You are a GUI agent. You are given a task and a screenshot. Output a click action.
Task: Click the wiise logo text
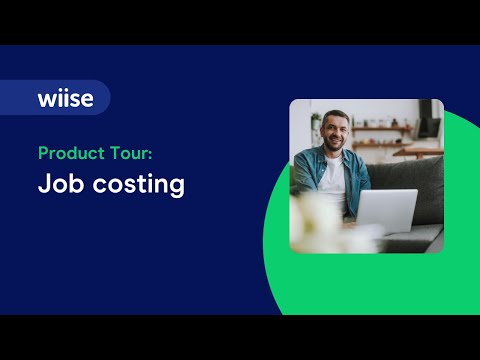[x=66, y=98]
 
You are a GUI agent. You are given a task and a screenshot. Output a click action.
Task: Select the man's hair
[x=332, y=117]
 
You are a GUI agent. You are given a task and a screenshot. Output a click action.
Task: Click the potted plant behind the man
[x=315, y=124]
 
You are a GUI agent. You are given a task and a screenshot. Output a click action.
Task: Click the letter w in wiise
[x=47, y=98]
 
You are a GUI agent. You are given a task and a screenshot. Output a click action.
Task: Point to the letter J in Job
[x=44, y=185]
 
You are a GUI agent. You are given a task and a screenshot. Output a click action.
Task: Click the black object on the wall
[x=428, y=125]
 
